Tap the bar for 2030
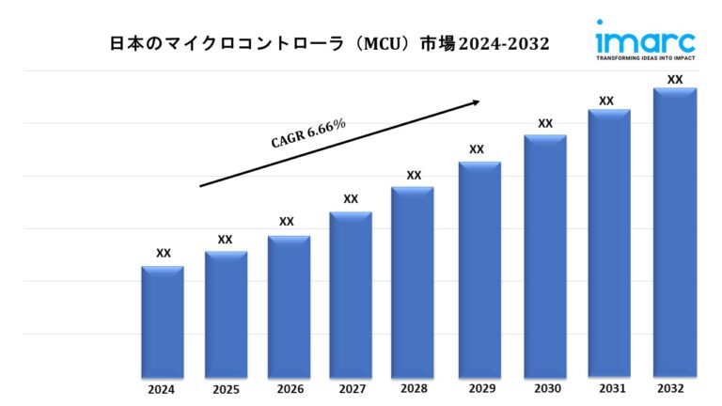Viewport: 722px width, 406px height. pyautogui.click(x=545, y=257)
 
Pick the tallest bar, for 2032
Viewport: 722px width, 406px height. pyautogui.click(x=675, y=233)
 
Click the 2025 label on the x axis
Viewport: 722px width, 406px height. pyautogui.click(x=225, y=389)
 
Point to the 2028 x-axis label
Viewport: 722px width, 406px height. pyautogui.click(x=413, y=389)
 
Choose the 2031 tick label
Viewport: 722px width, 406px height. pyautogui.click(x=607, y=389)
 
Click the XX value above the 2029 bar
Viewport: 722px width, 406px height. pyautogui.click(x=477, y=149)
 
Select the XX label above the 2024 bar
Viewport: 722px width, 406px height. pyautogui.click(x=164, y=253)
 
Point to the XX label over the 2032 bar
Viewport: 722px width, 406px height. pyautogui.click(x=675, y=80)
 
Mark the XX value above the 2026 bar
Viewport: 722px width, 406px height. pyautogui.click(x=287, y=222)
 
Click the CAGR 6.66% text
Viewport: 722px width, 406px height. pyautogui.click(x=308, y=133)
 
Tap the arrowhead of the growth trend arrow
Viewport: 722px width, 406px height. pyautogui.click(x=476, y=101)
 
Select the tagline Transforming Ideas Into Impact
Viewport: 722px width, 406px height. pyautogui.click(x=645, y=57)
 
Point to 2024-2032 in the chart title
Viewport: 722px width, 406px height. pyautogui.click(x=503, y=44)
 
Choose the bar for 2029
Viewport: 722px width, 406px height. pyautogui.click(x=479, y=270)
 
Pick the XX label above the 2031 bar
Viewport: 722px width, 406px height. pyautogui.click(x=606, y=101)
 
